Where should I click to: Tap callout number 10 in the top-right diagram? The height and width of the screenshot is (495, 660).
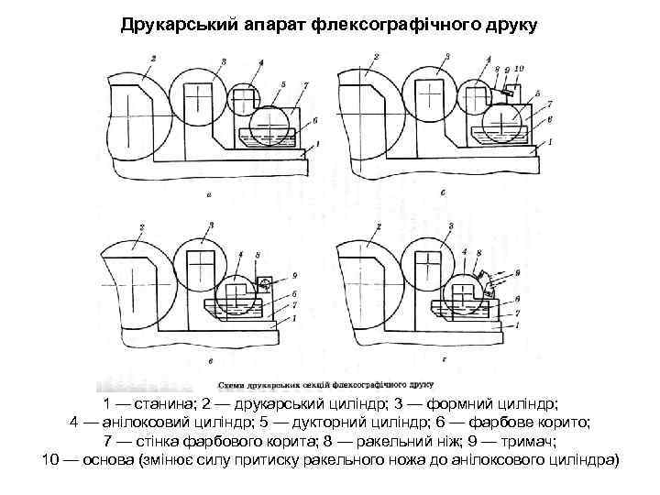click(519, 68)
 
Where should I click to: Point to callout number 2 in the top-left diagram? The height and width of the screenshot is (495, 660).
click(153, 59)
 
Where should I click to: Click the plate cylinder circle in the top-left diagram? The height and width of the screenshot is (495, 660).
click(201, 95)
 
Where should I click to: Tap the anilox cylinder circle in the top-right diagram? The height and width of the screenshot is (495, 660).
click(475, 100)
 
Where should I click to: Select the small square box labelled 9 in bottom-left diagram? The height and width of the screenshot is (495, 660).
click(268, 283)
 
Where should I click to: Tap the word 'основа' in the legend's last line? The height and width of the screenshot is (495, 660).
click(108, 459)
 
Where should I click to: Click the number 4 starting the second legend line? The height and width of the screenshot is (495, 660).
click(75, 423)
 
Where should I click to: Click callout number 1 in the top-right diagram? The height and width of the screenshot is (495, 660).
click(549, 142)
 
